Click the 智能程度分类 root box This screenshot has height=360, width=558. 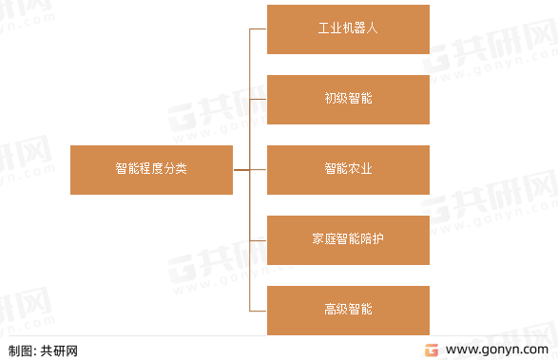(x=151, y=169)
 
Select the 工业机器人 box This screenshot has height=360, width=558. (x=348, y=28)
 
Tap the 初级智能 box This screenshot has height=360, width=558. (x=348, y=99)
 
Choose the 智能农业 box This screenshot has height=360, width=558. (x=348, y=169)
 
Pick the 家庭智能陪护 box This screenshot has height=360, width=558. (x=348, y=239)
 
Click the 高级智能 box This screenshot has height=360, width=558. (x=348, y=310)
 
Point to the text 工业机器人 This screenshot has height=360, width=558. (x=348, y=28)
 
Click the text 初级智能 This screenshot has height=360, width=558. (x=348, y=99)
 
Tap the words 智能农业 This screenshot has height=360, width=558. (x=348, y=169)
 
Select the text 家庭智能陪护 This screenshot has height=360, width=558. (x=348, y=239)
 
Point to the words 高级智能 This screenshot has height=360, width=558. (x=348, y=310)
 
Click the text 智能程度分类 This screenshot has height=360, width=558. (x=151, y=169)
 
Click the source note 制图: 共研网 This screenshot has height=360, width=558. (x=43, y=350)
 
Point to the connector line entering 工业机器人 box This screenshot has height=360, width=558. (x=258, y=28)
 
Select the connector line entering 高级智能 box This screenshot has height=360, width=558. (x=258, y=310)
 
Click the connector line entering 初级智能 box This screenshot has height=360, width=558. (x=258, y=99)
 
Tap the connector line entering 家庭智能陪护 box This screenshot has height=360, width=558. (x=258, y=239)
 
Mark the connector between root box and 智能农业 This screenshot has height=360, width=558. (x=249, y=169)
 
